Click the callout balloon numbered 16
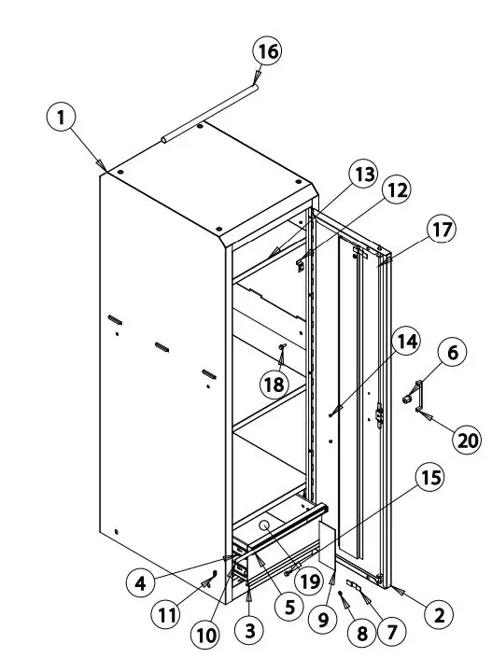[268, 51]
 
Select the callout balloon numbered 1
[62, 118]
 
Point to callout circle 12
[398, 190]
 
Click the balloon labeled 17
[441, 228]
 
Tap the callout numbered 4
[141, 581]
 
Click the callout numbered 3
[248, 630]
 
